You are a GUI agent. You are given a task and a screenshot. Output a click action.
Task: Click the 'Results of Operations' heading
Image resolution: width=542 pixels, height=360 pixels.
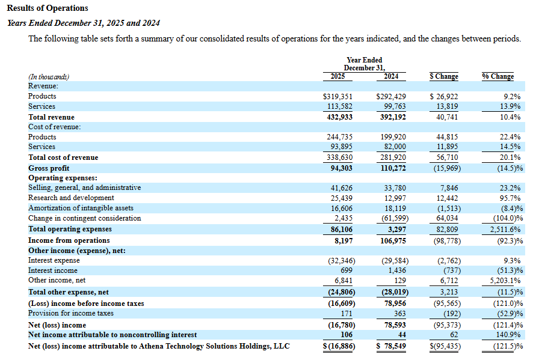pyautogui.click(x=47, y=8)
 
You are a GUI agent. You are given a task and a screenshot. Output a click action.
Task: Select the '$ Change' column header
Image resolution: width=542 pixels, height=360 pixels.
pyautogui.click(x=444, y=76)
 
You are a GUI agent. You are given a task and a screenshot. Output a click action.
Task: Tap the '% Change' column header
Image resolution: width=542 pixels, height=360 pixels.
pyautogui.click(x=497, y=76)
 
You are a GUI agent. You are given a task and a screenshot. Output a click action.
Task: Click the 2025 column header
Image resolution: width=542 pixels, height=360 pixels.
pyautogui.click(x=338, y=76)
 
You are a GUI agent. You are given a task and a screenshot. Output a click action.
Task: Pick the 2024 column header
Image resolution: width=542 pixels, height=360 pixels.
pyautogui.click(x=391, y=76)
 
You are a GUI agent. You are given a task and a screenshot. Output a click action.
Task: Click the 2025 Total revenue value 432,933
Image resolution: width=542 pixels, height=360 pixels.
pyautogui.click(x=339, y=117)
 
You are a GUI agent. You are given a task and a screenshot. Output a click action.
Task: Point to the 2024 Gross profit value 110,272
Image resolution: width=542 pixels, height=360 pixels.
pyautogui.click(x=391, y=168)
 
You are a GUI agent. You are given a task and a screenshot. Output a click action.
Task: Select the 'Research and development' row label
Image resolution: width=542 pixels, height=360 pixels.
pyautogui.click(x=71, y=198)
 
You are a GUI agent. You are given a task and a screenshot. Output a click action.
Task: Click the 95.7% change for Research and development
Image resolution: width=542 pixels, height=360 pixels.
pyautogui.click(x=509, y=198)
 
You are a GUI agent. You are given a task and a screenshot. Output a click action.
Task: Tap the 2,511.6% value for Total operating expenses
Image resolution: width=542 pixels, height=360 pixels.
pyautogui.click(x=505, y=229)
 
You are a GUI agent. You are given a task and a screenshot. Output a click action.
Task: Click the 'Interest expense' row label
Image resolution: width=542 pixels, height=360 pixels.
pyautogui.click(x=54, y=260)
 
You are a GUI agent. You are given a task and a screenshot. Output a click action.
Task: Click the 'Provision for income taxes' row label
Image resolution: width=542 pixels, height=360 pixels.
pyautogui.click(x=70, y=313)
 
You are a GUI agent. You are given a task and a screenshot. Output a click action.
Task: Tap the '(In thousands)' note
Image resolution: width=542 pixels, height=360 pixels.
pyautogui.click(x=49, y=77)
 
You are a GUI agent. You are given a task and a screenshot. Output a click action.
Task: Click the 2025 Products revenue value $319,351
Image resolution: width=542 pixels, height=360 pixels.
pyautogui.click(x=338, y=96)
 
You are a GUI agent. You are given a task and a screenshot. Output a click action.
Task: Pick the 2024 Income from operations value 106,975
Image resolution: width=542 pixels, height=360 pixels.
pyautogui.click(x=391, y=240)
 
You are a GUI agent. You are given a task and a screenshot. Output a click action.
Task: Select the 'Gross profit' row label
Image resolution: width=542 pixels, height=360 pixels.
pyautogui.click(x=49, y=168)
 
